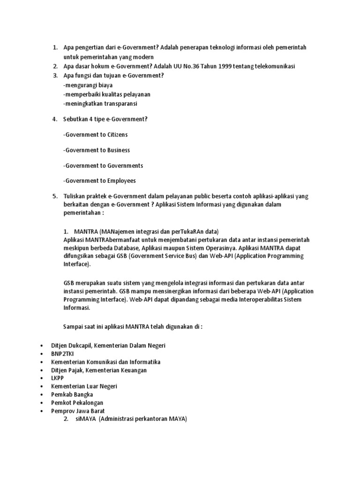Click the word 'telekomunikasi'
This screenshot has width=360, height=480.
point(275,66)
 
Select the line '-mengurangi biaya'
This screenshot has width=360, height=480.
point(88,85)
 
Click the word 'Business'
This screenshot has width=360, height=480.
point(119,150)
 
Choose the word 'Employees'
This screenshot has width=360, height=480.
point(121,180)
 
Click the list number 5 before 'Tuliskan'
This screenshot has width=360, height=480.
point(54,196)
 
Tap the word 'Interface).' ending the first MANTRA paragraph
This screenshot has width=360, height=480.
point(76,264)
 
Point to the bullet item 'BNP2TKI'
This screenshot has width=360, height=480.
point(63,354)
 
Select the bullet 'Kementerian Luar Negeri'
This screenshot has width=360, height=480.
point(84,386)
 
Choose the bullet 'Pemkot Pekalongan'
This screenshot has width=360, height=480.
point(77,402)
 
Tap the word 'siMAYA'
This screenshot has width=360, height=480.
point(85,419)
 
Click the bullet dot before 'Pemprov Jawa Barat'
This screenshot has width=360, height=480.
point(42,411)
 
